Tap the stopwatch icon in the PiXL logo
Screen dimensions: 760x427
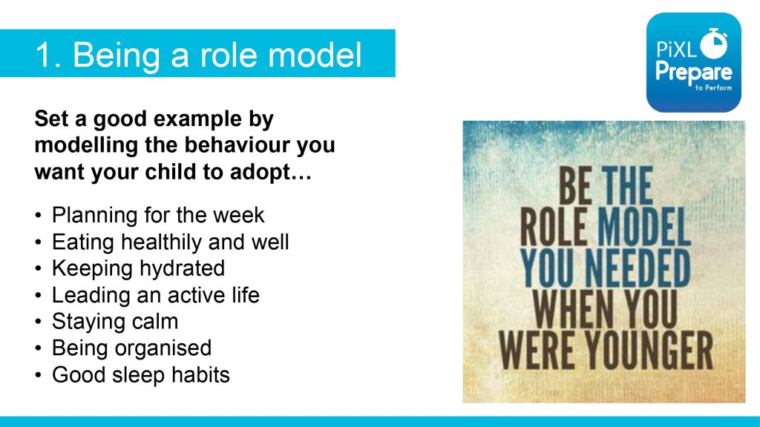(714, 42)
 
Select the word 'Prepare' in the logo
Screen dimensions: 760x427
(694, 73)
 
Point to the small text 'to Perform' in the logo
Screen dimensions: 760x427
(713, 87)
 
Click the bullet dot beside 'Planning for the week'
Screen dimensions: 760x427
(39, 216)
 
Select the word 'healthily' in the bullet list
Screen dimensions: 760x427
(161, 242)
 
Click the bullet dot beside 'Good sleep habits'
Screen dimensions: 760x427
(39, 375)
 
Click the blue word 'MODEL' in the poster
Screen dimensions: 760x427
(643, 227)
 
